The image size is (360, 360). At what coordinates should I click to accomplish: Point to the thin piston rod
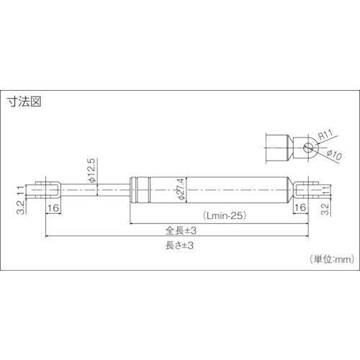pyautogui.click(x=101, y=190)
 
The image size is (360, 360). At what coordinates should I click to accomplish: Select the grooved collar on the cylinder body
pyautogui.click(x=140, y=190)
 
